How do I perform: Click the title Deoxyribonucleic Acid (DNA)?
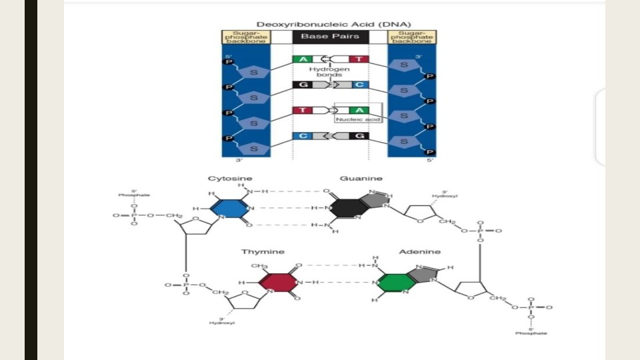pos(329,24)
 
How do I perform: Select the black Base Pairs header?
pos(330,37)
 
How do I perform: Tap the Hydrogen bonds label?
pos(325,71)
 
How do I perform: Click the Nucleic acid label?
pos(358,119)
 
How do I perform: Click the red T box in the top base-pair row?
pos(358,59)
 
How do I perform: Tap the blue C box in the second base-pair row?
pos(358,85)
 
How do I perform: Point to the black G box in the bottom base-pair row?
pos(358,136)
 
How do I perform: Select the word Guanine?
pos(361,179)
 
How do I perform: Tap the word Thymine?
pos(263,251)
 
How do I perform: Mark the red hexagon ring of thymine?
pos(277,281)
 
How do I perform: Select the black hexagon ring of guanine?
pos(347,207)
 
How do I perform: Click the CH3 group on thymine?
pos(260,266)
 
